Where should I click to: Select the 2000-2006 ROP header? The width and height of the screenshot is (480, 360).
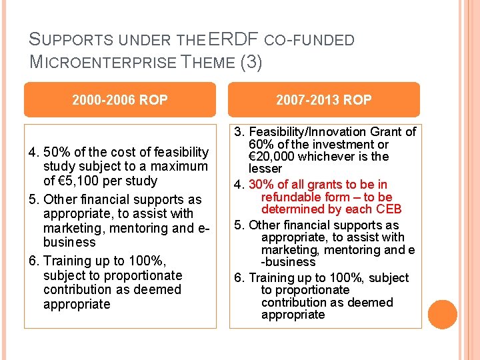(x=120, y=100)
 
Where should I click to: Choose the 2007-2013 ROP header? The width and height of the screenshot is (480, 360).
(x=324, y=100)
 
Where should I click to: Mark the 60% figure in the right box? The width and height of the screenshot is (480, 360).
(x=261, y=145)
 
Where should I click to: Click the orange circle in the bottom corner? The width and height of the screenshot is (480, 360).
(x=443, y=315)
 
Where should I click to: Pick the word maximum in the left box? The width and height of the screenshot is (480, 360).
(x=182, y=166)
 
